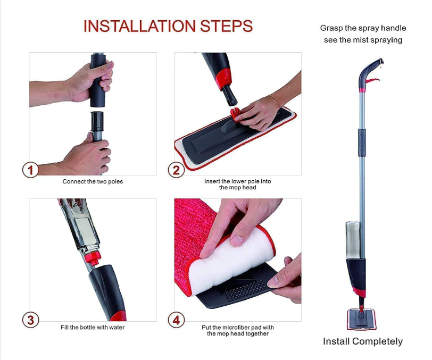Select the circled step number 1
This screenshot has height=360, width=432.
pos(31,170)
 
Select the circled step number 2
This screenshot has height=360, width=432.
pos(176,170)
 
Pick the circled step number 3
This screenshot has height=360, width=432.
pos(31,320)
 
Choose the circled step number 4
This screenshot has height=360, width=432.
pos(176,320)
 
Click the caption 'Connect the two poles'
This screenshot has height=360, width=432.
pos(93,181)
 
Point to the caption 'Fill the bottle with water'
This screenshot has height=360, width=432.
pos(93,327)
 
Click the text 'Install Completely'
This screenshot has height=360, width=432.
pos(363,341)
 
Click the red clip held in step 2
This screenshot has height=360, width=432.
pos(236,114)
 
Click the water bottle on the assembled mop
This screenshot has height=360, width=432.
pos(354,239)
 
